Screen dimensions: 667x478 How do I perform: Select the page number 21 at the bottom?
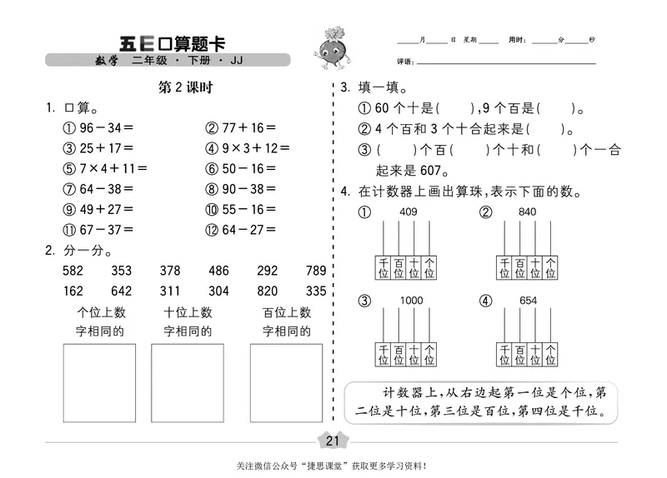point(333,441)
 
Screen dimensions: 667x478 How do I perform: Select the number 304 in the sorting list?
point(218,291)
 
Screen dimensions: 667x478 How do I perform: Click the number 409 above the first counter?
point(408,212)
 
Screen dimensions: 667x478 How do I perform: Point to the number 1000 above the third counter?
point(411,300)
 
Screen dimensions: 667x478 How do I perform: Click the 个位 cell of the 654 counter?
point(554,354)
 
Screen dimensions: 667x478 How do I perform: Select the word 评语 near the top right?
point(404,62)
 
